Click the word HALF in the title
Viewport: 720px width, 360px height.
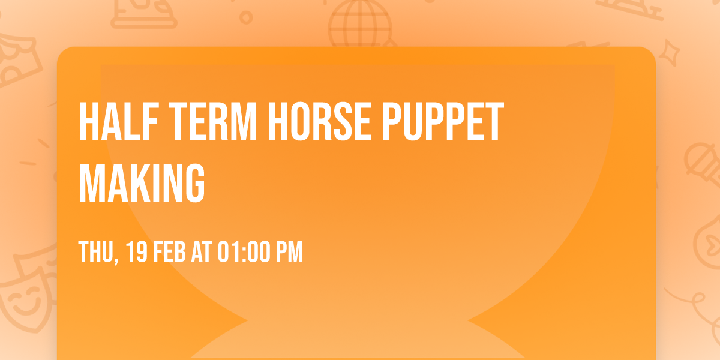(118, 121)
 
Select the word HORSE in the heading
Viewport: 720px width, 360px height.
(320, 121)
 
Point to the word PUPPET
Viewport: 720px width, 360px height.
(443, 121)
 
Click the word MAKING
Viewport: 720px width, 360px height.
(142, 183)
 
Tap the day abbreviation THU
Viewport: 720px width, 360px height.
(96, 251)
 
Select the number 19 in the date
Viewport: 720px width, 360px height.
(137, 251)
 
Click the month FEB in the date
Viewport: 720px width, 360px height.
(169, 251)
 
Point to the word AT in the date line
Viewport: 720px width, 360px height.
(202, 251)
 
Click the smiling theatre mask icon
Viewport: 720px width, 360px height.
(24, 299)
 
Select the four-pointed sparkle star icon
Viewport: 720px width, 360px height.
(670, 53)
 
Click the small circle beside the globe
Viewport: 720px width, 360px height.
(246, 17)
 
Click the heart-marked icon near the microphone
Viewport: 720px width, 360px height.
(709, 242)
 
